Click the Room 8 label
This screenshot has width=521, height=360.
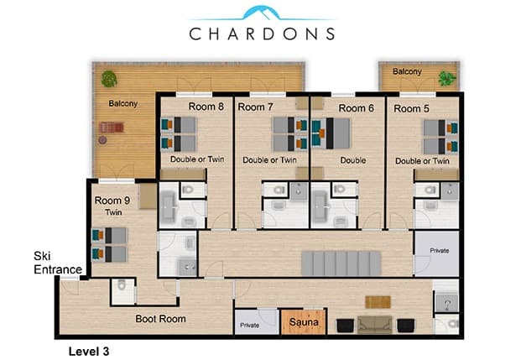(206, 107)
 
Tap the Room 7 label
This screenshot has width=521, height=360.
(256, 107)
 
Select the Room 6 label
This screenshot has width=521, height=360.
(357, 108)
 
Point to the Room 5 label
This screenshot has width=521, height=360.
(411, 109)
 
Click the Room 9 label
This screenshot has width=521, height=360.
(112, 201)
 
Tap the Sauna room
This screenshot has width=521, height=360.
(304, 321)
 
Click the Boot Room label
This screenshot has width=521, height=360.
(160, 319)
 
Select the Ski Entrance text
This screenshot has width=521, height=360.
(58, 263)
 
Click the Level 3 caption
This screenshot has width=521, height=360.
(89, 352)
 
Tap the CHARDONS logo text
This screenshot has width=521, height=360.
(262, 34)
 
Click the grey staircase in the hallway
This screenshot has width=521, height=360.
(341, 263)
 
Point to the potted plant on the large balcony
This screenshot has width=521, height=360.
(109, 79)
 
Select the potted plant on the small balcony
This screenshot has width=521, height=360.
(447, 79)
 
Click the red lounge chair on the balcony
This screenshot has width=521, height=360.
(112, 127)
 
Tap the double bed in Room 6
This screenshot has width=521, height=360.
(331, 133)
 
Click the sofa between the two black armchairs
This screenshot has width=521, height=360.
(375, 325)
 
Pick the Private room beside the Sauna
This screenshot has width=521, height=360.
(257, 321)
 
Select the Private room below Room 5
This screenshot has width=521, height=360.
(436, 253)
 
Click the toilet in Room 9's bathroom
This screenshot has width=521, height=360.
(122, 284)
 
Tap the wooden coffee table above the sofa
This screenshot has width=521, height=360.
(378, 302)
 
